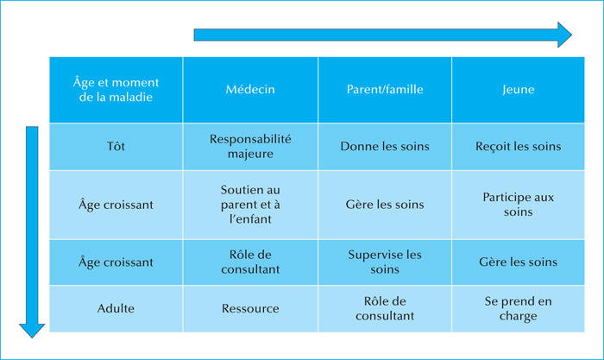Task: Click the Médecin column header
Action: (250, 90)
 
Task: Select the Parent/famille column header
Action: (385, 90)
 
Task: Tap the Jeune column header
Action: (518, 90)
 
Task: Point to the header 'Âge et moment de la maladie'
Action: (116, 90)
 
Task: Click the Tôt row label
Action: (116, 147)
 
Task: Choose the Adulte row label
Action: (116, 308)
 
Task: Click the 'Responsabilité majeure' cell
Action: (250, 147)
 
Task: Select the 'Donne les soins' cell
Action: (385, 147)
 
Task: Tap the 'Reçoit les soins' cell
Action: (518, 147)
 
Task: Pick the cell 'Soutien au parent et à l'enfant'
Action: (250, 205)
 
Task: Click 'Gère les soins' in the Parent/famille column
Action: (385, 205)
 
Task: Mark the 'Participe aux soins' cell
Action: (518, 205)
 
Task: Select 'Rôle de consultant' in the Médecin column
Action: (250, 262)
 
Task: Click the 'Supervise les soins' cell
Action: (385, 262)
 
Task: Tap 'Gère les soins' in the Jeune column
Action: (518, 262)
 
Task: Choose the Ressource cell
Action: (250, 308)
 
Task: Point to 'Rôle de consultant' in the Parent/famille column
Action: (385, 308)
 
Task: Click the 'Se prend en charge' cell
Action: (518, 308)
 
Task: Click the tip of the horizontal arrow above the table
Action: (572, 35)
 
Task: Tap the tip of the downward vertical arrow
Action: (32, 338)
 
